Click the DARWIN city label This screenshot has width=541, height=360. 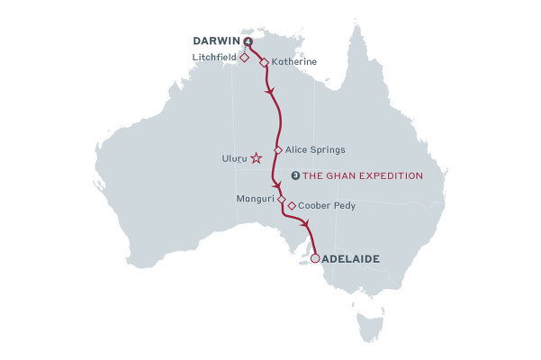(216, 41)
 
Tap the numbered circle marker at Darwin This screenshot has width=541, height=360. (248, 41)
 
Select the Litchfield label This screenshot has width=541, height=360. (215, 57)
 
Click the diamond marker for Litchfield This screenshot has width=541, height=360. (245, 57)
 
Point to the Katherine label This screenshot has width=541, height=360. (293, 63)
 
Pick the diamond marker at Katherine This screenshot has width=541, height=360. (263, 63)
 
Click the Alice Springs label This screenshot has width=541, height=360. (315, 149)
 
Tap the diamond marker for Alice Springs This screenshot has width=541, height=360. (278, 150)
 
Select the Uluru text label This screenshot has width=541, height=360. (234, 158)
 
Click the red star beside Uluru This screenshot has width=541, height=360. (256, 158)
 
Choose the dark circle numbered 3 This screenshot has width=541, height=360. (295, 175)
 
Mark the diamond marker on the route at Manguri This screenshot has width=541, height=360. (281, 198)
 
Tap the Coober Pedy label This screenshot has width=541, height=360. (327, 206)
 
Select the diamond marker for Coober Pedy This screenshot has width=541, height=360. (292, 206)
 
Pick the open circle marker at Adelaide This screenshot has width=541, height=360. (314, 259)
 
